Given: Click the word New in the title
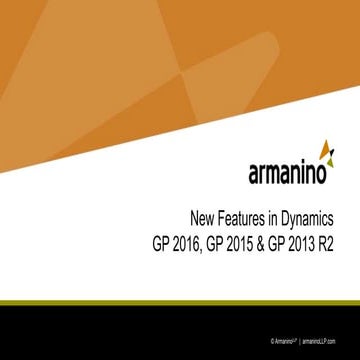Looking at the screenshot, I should (x=201, y=219).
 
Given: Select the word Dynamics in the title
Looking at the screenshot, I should (x=313, y=219).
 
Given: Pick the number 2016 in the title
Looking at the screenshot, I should (x=183, y=243).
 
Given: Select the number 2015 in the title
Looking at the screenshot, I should (x=243, y=243).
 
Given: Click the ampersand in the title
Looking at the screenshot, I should (x=266, y=243).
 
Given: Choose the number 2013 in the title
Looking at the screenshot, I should (x=311, y=243).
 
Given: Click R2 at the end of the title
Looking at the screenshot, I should (x=338, y=243).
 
